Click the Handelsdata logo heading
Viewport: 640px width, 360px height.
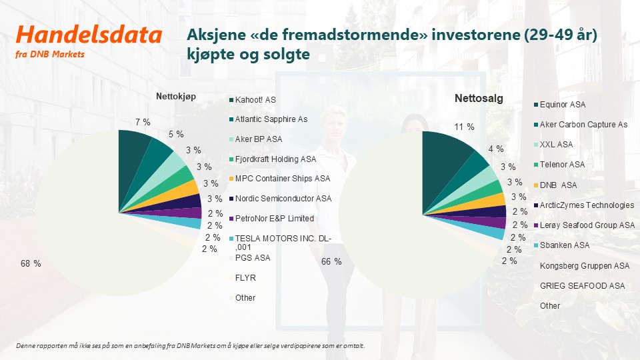pyautogui.click(x=89, y=35)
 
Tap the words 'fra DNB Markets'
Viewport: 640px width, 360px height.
pyautogui.click(x=50, y=54)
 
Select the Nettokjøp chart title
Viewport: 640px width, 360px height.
pyautogui.click(x=176, y=97)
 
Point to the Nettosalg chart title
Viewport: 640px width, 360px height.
pyautogui.click(x=479, y=99)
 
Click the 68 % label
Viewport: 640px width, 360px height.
pyautogui.click(x=31, y=264)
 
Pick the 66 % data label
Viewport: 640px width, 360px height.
pyautogui.click(x=331, y=261)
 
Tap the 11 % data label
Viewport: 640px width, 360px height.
pyautogui.click(x=465, y=127)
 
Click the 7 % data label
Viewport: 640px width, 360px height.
pyautogui.click(x=143, y=122)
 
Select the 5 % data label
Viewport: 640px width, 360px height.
pyautogui.click(x=176, y=134)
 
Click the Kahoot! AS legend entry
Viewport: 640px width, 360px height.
pyautogui.click(x=253, y=100)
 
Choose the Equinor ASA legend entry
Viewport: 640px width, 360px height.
pyautogui.click(x=560, y=105)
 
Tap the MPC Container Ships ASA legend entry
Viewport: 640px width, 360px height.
pyautogui.click(x=280, y=179)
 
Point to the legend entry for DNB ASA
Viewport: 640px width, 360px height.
pyautogui.click(x=555, y=185)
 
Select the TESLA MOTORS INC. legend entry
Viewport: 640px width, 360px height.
pyautogui.click(x=281, y=243)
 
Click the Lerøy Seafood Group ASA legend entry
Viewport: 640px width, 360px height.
pyautogui.click(x=585, y=225)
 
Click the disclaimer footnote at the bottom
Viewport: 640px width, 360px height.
pyautogui.click(x=190, y=346)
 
